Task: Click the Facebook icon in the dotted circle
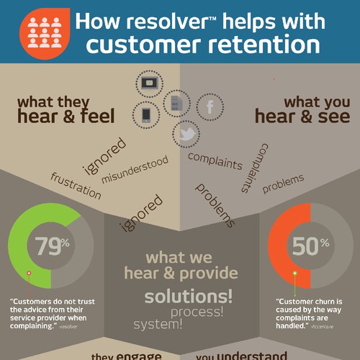(x=210, y=107)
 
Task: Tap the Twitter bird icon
(x=186, y=133)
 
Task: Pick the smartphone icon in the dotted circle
(x=145, y=114)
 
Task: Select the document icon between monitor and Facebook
(x=176, y=102)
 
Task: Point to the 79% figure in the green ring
(x=50, y=246)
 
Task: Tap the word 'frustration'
(x=76, y=186)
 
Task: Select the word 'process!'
(x=197, y=312)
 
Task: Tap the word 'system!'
(x=158, y=324)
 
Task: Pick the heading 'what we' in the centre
(x=180, y=257)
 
